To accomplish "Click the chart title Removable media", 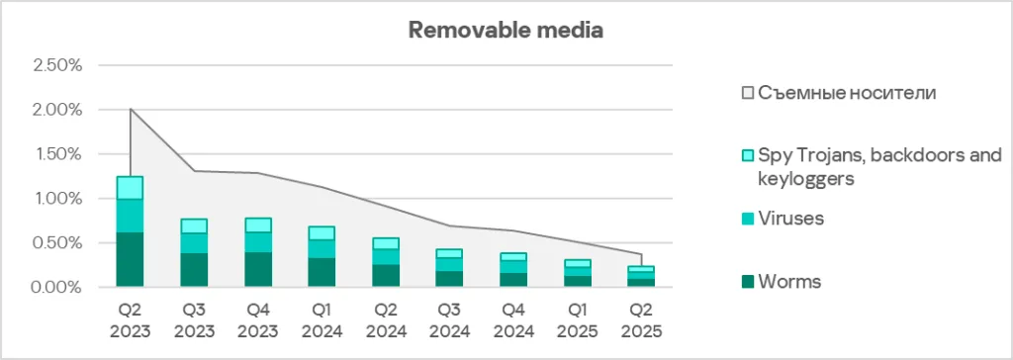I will coord(506,30).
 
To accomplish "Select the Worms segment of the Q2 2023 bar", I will coord(131,259).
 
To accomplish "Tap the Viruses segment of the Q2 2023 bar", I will coord(131,216).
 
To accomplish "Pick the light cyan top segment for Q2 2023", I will coord(131,188).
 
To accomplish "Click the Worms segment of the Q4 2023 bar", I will coord(257,269).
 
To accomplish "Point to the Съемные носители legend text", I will coord(847,93).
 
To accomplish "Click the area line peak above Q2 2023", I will coord(131,109).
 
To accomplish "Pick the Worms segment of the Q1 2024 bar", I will coord(322,272).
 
